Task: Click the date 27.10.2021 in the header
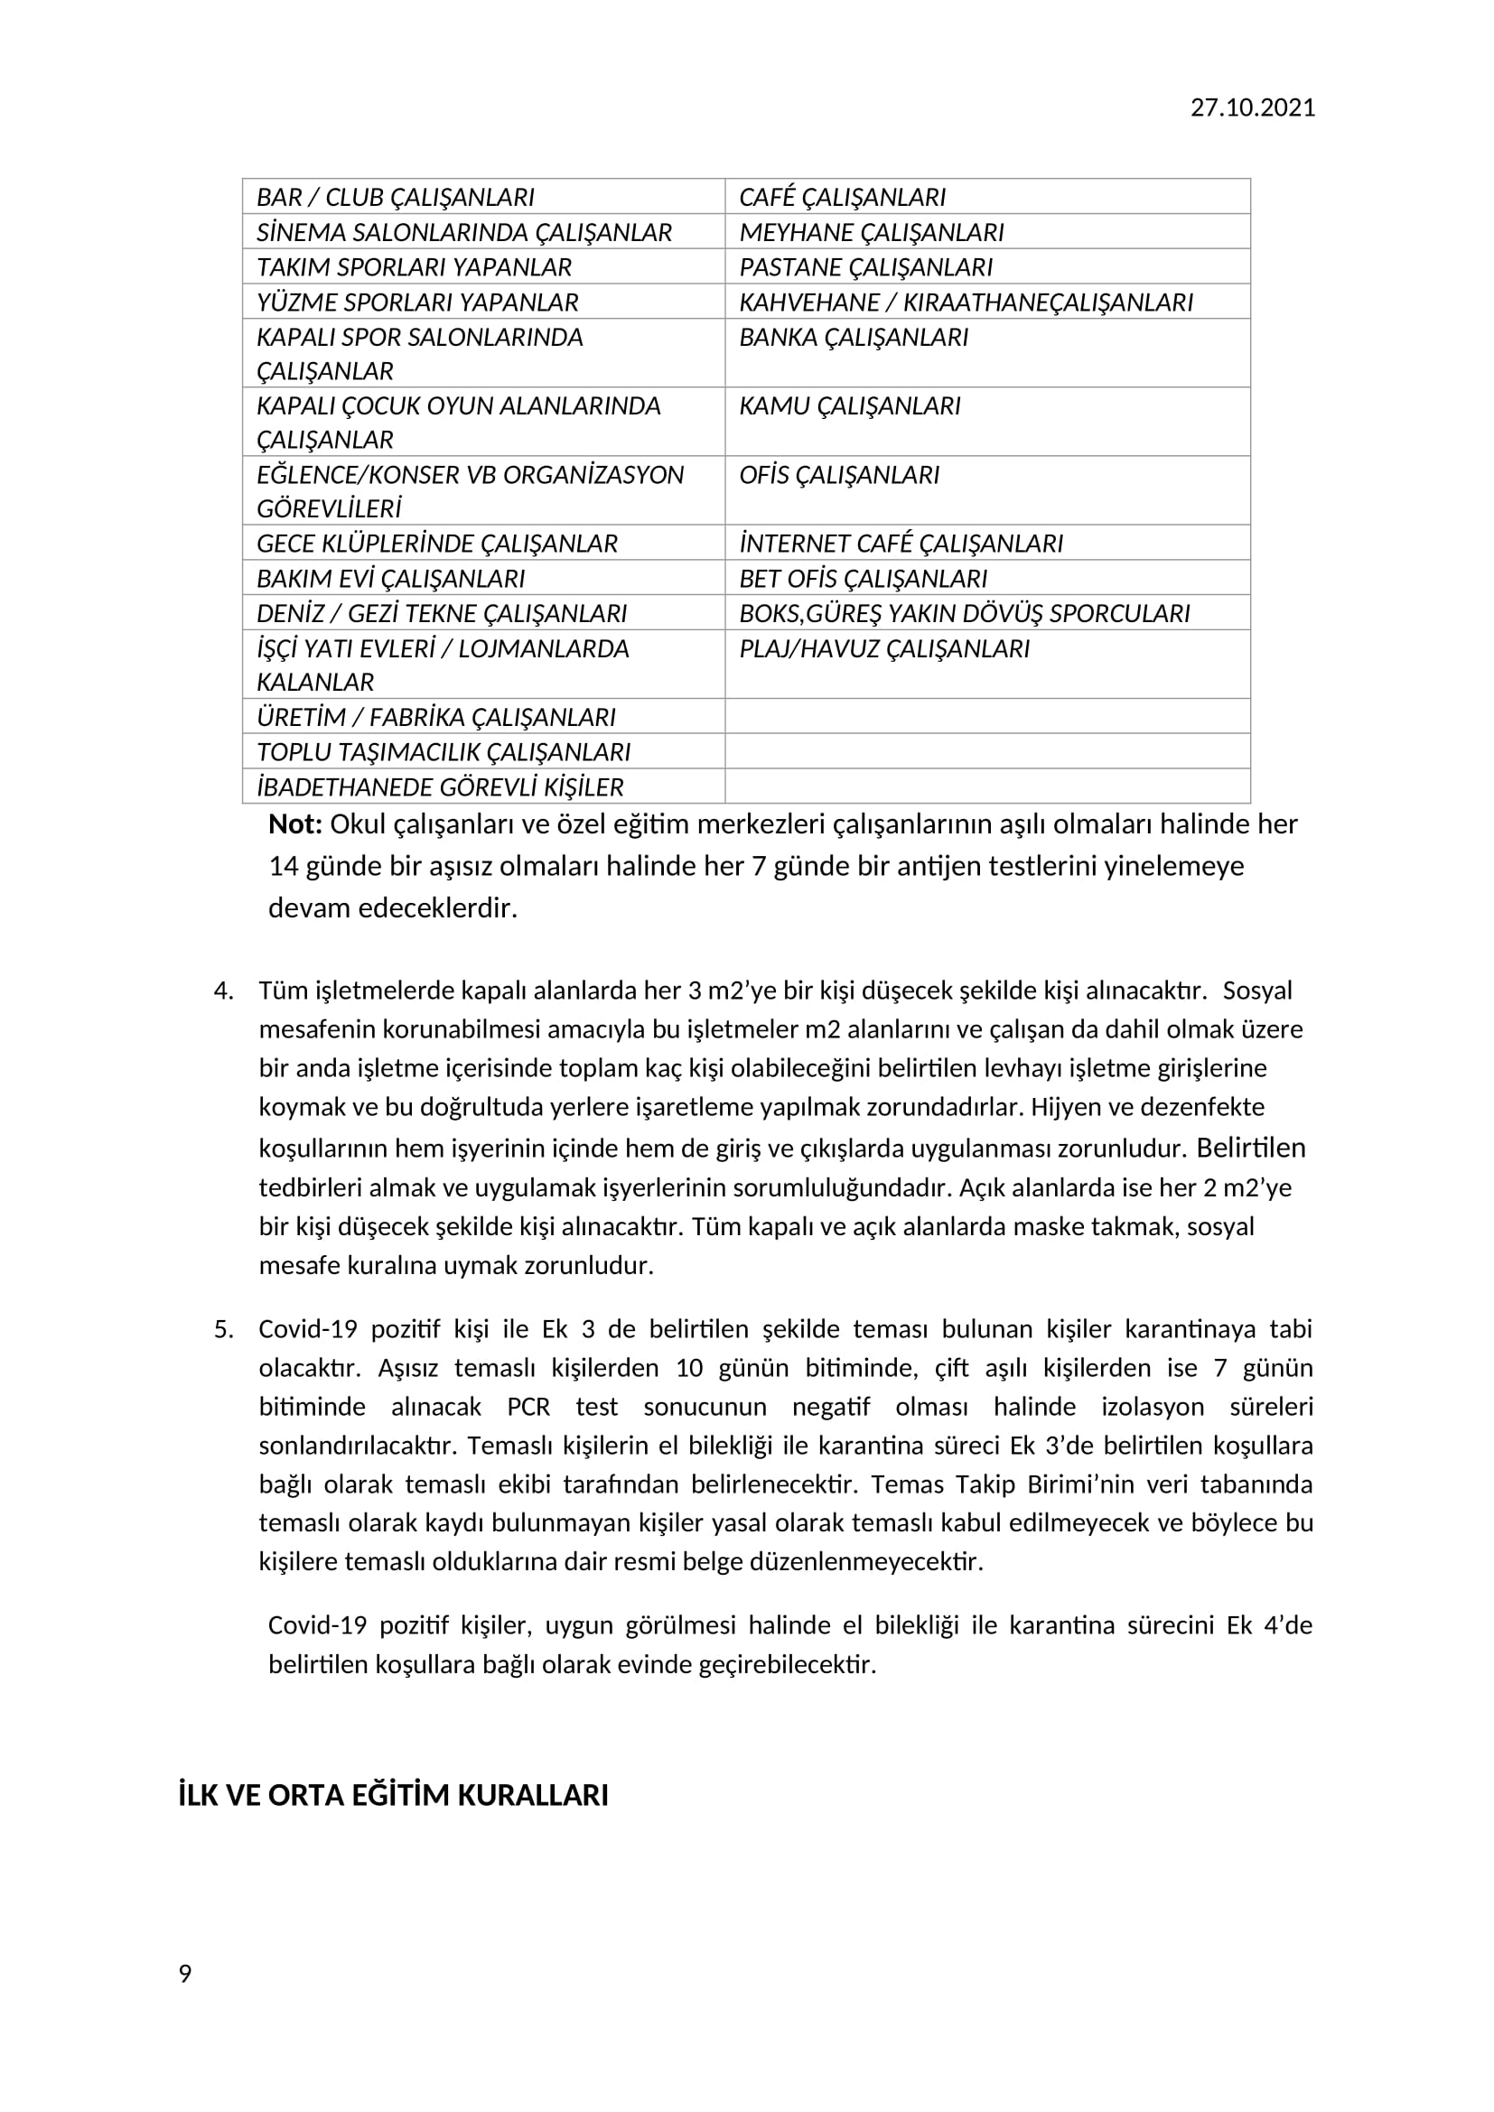1252,107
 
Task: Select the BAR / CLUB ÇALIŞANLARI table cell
396,197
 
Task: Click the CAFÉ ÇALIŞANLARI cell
842,197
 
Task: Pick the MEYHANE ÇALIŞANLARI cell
870,232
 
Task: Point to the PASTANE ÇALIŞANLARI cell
864,266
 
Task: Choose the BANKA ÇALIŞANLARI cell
853,338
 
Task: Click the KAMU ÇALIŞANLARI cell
849,405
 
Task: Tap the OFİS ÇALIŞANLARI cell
839,475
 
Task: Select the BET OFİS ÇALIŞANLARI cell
862,579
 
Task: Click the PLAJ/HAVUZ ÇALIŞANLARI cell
883,648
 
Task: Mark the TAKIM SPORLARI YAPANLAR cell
414,266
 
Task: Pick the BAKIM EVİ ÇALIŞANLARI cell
390,579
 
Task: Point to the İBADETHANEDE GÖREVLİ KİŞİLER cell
440,787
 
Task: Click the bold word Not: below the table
294,824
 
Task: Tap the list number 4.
222,991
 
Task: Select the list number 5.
222,1329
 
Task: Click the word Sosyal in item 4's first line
1256,991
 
